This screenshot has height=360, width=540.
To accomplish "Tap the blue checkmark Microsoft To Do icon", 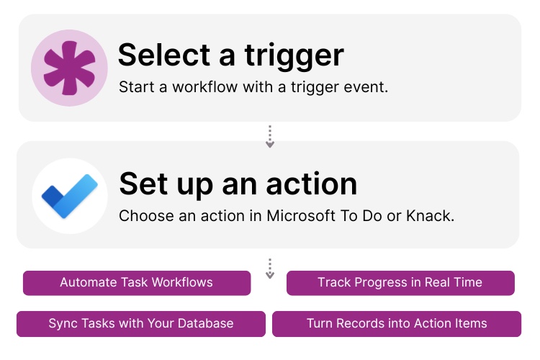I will [x=69, y=196].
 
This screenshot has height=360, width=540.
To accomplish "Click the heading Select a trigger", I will [x=231, y=55].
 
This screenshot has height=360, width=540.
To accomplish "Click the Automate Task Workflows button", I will [x=137, y=282].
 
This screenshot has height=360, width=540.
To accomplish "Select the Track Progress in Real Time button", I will [x=400, y=282].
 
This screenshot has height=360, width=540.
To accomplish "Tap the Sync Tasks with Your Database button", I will [x=141, y=323].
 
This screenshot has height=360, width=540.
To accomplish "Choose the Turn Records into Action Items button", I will [x=397, y=323].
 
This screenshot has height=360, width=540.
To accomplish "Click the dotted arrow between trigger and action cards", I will [x=270, y=137].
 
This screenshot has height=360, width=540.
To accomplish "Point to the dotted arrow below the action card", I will [x=270, y=269].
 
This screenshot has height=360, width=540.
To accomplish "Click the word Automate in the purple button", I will [x=88, y=282].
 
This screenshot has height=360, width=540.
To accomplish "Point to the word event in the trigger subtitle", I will [x=369, y=87].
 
